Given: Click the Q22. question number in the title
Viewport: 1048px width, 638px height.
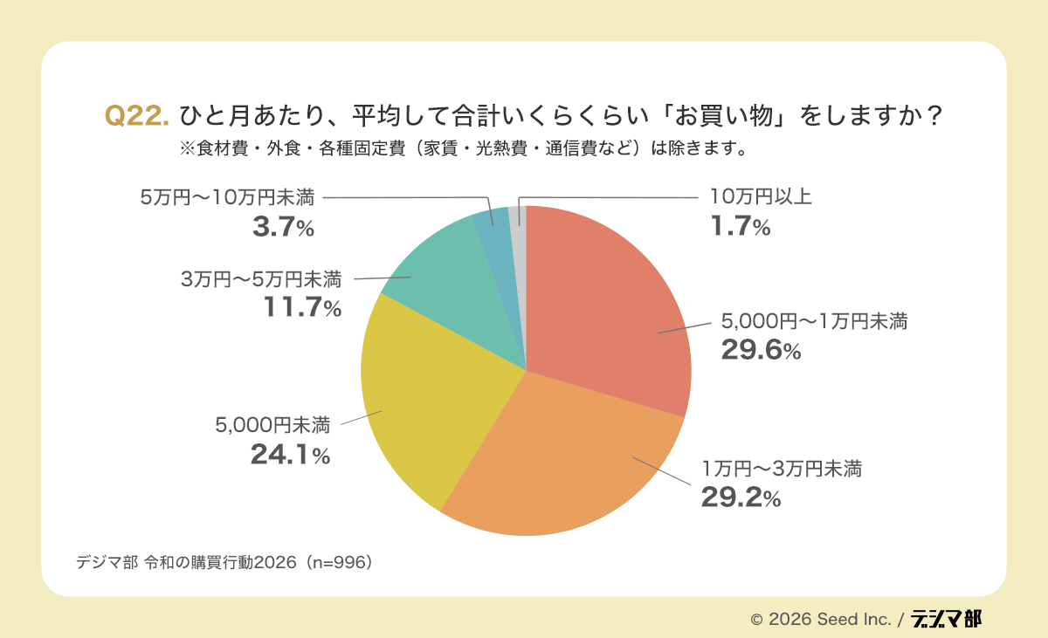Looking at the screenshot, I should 136,116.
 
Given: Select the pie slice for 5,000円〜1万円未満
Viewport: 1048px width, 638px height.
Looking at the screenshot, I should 611,305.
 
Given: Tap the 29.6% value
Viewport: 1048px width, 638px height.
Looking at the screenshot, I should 760,350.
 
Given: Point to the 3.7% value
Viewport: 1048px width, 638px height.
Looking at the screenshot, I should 282,228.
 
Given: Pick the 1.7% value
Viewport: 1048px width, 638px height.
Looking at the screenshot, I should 739,228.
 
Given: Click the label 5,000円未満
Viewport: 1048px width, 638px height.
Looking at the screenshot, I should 272,426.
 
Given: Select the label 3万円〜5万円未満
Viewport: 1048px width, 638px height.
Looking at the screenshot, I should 261,279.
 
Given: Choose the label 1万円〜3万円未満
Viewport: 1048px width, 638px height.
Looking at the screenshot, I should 782,470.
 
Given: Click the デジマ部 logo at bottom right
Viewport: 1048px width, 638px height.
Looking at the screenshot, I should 946,618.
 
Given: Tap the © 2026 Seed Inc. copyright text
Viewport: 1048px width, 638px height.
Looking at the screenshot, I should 820,619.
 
